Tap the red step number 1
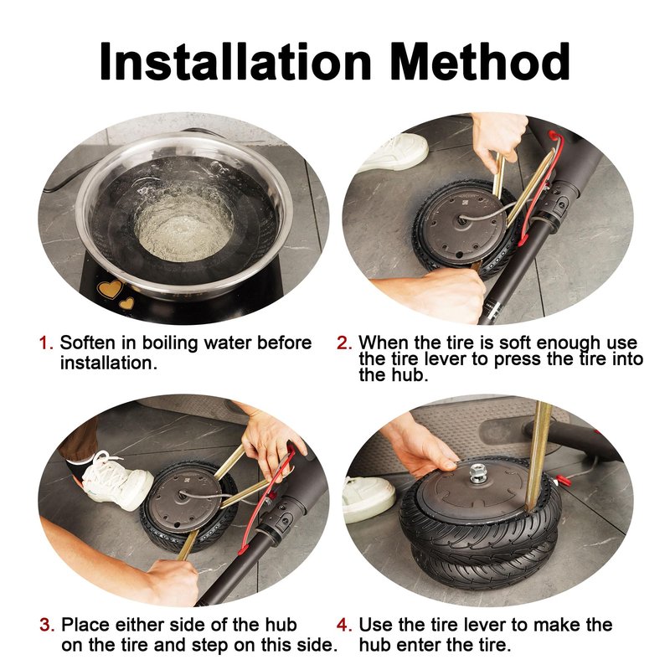point(46,343)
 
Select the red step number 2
point(344,343)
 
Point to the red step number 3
point(47,625)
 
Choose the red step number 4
point(344,625)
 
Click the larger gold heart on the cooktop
point(111,289)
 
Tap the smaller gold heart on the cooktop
point(126,303)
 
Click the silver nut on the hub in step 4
point(477,473)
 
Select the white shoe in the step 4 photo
point(368,498)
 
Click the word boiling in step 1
point(170,343)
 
